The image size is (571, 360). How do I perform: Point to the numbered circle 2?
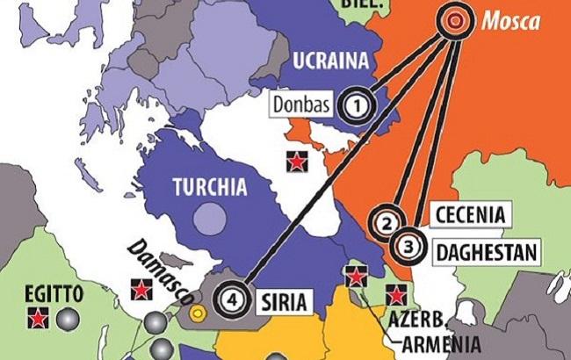tap(386, 223)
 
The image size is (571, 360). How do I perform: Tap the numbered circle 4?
tap(231, 298)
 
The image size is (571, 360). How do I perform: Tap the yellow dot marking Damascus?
tap(199, 310)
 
